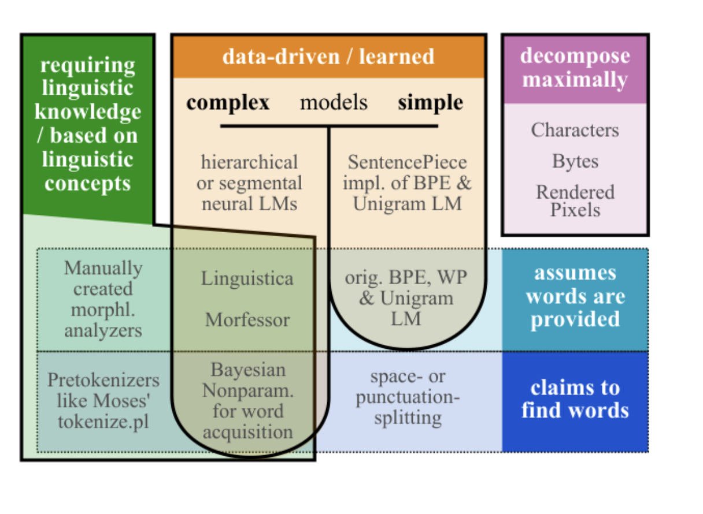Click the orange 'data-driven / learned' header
coord(328,57)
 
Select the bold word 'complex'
coord(228,103)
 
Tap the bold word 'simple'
coord(431,103)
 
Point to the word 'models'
coord(334,102)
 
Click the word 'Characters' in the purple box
coord(575,130)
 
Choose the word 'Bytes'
coord(575,162)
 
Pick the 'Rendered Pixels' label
coord(575,201)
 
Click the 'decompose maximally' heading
coord(575,68)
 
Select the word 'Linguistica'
coord(247,279)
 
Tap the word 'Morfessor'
coord(247,320)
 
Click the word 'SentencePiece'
coord(408,162)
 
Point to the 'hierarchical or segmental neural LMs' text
coord(250,183)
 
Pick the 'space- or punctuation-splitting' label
coord(408,397)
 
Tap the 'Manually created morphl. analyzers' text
coord(103,299)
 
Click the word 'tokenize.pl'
coord(103,422)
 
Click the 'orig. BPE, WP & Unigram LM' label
coord(406,298)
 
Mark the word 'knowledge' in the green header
coord(88,112)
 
